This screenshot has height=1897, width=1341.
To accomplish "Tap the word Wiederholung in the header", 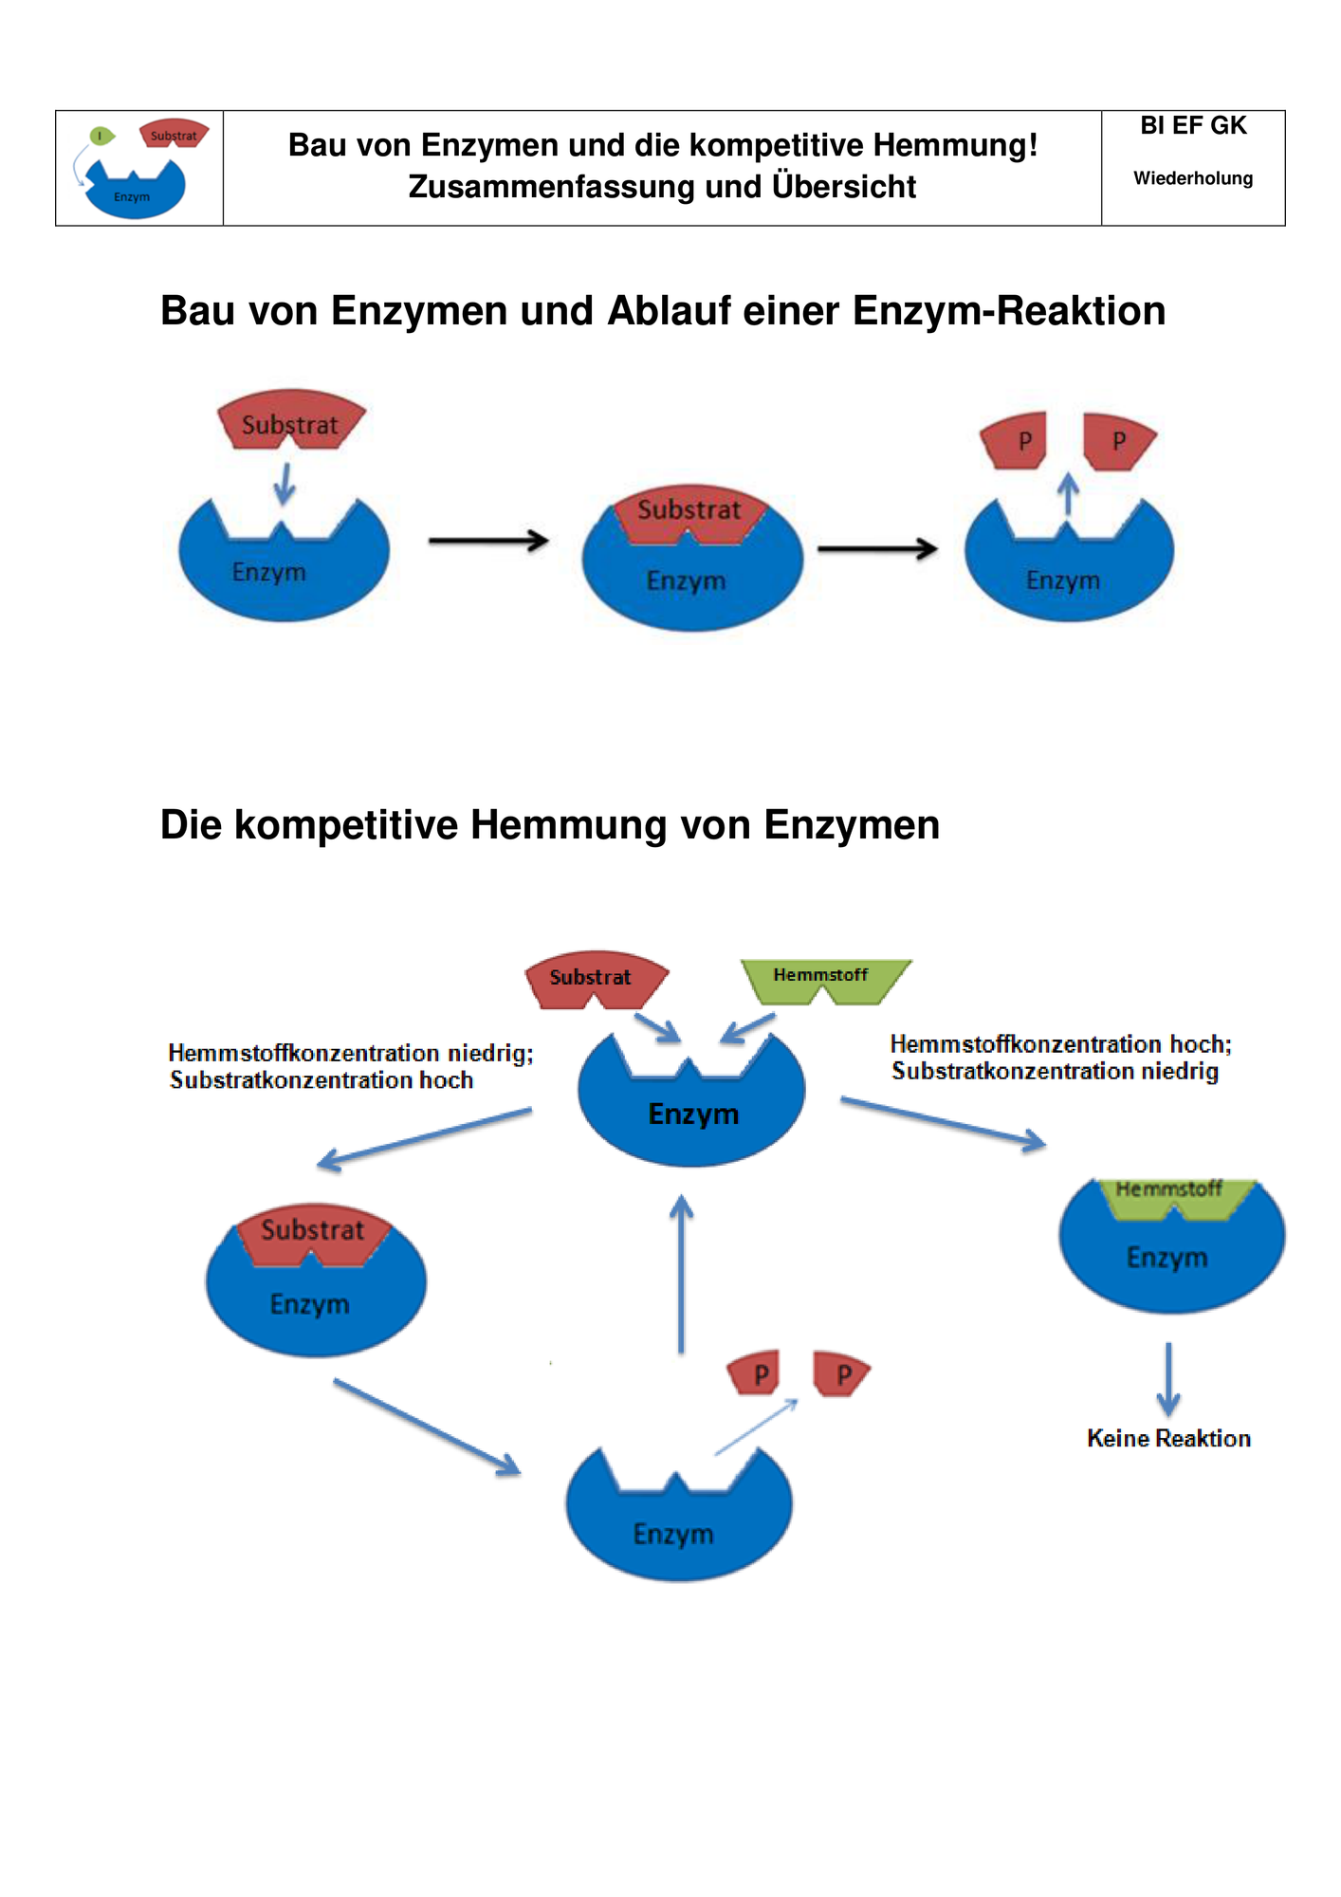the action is (x=1192, y=178).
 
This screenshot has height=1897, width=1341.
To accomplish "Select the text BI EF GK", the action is (x=1192, y=125).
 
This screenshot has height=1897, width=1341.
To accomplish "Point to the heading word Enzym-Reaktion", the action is (x=1009, y=311).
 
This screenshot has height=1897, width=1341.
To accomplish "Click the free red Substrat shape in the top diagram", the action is (x=291, y=420).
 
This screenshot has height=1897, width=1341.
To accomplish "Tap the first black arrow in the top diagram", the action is (x=488, y=541).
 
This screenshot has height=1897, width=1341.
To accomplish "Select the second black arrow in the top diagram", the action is (x=877, y=548).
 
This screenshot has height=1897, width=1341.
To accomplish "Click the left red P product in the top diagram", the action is (x=1015, y=440).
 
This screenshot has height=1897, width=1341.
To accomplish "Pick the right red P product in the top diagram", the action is (x=1118, y=441).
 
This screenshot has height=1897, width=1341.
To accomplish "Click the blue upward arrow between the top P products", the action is (x=1069, y=494).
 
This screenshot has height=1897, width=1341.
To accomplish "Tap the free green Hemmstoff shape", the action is (x=825, y=981).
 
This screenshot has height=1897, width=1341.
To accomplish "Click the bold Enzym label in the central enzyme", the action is (x=693, y=1114).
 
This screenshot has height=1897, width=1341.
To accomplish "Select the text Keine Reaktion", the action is (x=1168, y=1438).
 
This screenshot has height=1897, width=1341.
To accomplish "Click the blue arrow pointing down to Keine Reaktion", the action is (x=1168, y=1379).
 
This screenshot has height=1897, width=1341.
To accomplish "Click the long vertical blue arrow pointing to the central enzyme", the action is (x=681, y=1274).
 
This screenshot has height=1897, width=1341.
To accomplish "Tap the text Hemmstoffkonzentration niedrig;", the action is (x=351, y=1053).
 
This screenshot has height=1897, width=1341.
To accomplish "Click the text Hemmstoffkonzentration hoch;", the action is (x=1060, y=1044).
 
